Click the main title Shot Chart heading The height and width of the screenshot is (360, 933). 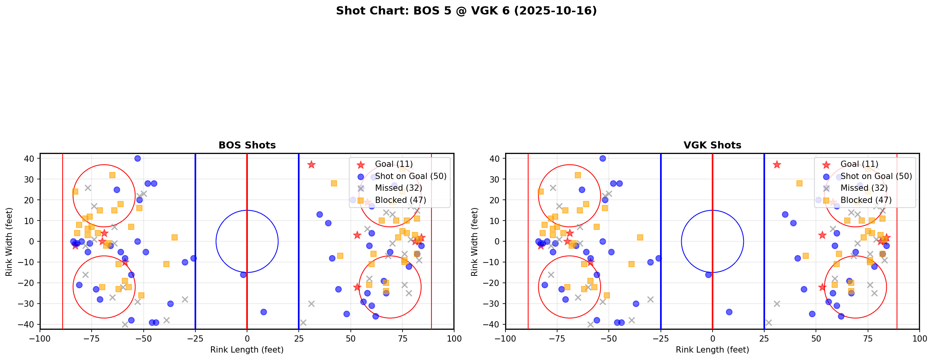(466, 11)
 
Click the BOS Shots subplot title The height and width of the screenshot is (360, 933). (247, 145)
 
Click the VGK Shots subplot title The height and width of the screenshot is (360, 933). (712, 145)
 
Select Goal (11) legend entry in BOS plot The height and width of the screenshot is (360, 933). (393, 164)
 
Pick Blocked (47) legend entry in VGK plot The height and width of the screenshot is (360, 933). (866, 200)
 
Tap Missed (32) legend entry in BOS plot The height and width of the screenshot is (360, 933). (398, 188)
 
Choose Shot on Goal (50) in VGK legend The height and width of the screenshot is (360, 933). (876, 176)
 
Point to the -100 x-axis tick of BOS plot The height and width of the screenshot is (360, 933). (40, 338)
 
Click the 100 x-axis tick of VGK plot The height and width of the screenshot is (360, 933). (919, 338)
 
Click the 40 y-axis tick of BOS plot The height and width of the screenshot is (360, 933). (31, 159)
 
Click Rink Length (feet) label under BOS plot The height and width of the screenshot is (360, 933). (247, 350)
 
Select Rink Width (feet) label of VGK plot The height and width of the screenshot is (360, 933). (475, 242)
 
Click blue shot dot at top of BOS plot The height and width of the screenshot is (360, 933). (137, 159)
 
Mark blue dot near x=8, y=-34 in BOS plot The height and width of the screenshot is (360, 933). (263, 312)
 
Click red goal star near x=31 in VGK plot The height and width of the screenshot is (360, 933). (777, 165)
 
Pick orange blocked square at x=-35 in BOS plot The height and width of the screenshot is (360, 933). (175, 237)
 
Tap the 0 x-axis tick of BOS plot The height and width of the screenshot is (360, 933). (247, 338)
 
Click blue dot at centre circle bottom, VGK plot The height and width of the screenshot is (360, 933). (708, 275)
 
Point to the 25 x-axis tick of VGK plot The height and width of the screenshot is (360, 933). (764, 338)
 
